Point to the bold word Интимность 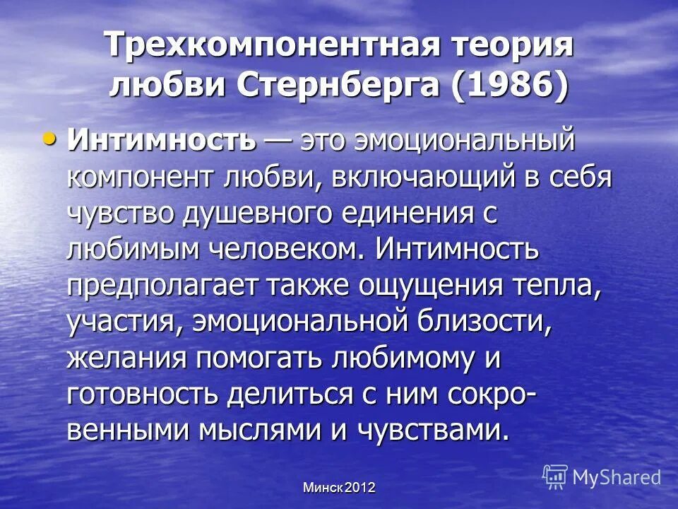coord(161,139)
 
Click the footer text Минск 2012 coord(339,487)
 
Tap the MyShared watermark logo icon coord(555,476)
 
